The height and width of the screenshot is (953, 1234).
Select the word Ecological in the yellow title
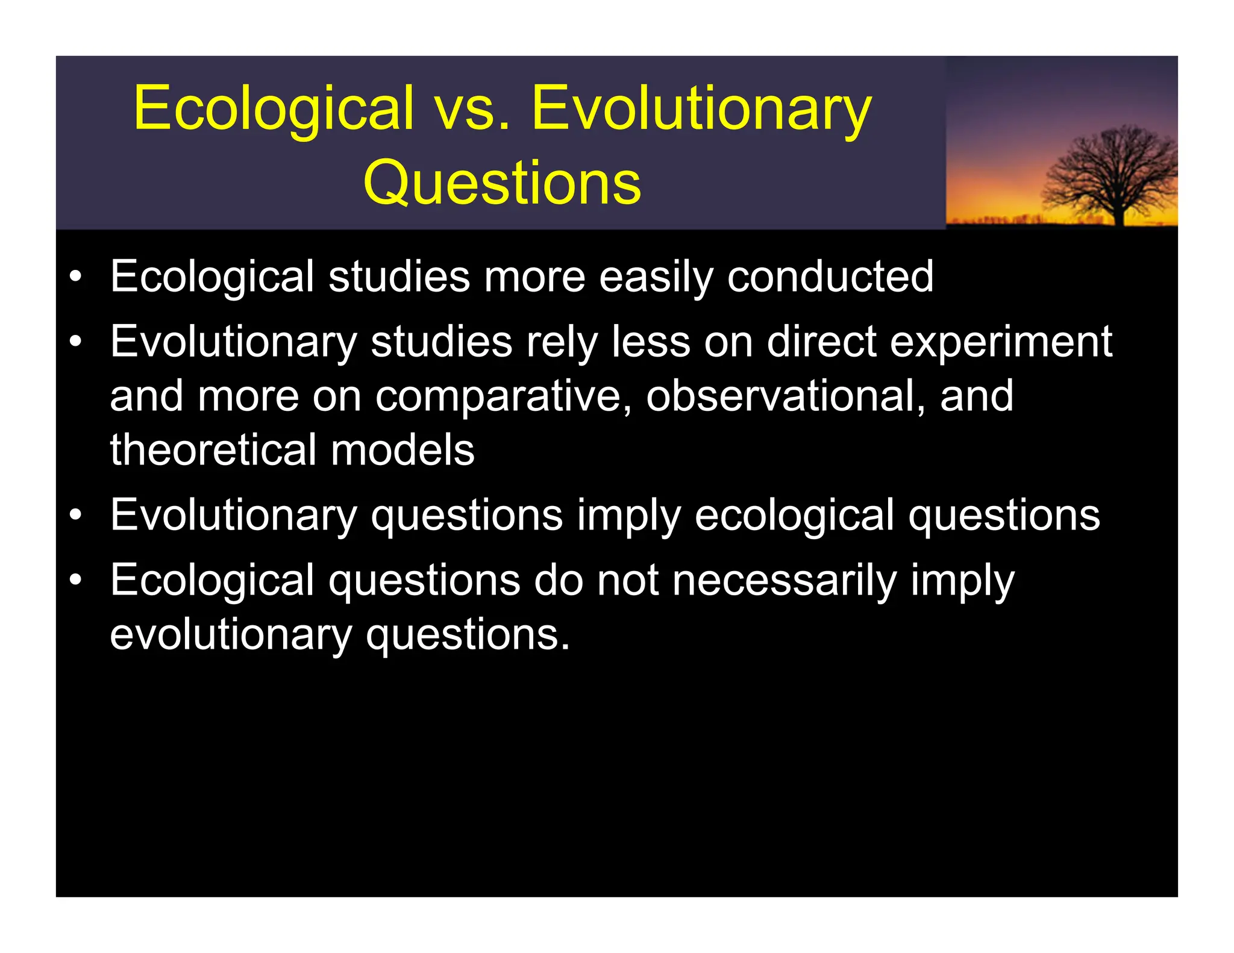tap(274, 108)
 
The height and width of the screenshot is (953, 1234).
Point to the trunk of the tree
tap(1119, 214)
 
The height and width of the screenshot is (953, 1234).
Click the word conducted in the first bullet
tap(830, 277)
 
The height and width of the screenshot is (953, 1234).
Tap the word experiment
tap(1001, 342)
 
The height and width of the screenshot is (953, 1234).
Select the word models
tap(402, 450)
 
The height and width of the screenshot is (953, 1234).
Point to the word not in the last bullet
tap(627, 581)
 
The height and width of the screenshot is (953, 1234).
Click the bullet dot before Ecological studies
tap(75, 278)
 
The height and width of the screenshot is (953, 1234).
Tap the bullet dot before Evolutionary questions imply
tap(75, 516)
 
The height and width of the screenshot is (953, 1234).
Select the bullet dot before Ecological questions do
tap(75, 581)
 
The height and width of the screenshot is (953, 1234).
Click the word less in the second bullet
tap(651, 342)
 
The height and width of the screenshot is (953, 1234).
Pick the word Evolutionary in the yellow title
tap(701, 108)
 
